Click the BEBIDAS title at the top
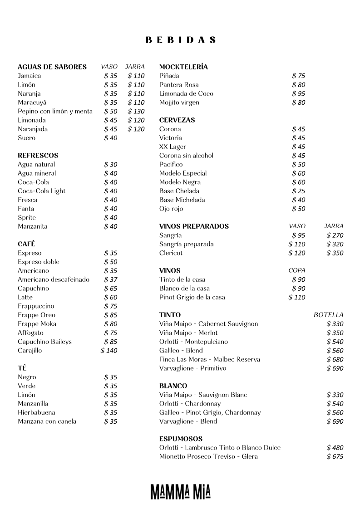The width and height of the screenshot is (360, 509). click(180, 40)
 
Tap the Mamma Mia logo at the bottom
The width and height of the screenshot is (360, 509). click(180, 491)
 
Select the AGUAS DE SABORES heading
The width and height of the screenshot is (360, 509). click(52, 67)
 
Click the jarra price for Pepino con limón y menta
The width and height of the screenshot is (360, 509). click(136, 112)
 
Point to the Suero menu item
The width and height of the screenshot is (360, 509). click(26, 138)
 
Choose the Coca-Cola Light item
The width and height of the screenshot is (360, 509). click(41, 191)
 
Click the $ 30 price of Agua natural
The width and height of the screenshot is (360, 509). click(110, 165)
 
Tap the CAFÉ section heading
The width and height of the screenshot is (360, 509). click(26, 244)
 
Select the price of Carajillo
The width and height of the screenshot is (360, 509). click(109, 351)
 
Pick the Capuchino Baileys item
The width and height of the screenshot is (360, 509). click(44, 342)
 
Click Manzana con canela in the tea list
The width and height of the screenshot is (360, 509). click(47, 421)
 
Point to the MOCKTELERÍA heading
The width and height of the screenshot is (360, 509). click(183, 67)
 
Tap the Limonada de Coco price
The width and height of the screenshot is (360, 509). click(299, 94)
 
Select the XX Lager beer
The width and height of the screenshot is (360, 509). click(173, 147)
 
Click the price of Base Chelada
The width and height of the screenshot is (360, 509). click(299, 191)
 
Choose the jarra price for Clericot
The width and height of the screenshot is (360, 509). click(335, 253)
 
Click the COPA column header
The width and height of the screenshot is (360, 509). click(297, 271)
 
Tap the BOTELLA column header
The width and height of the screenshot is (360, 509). click(328, 315)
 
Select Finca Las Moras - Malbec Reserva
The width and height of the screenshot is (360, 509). click(209, 359)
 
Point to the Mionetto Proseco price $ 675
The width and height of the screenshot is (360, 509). click(335, 457)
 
